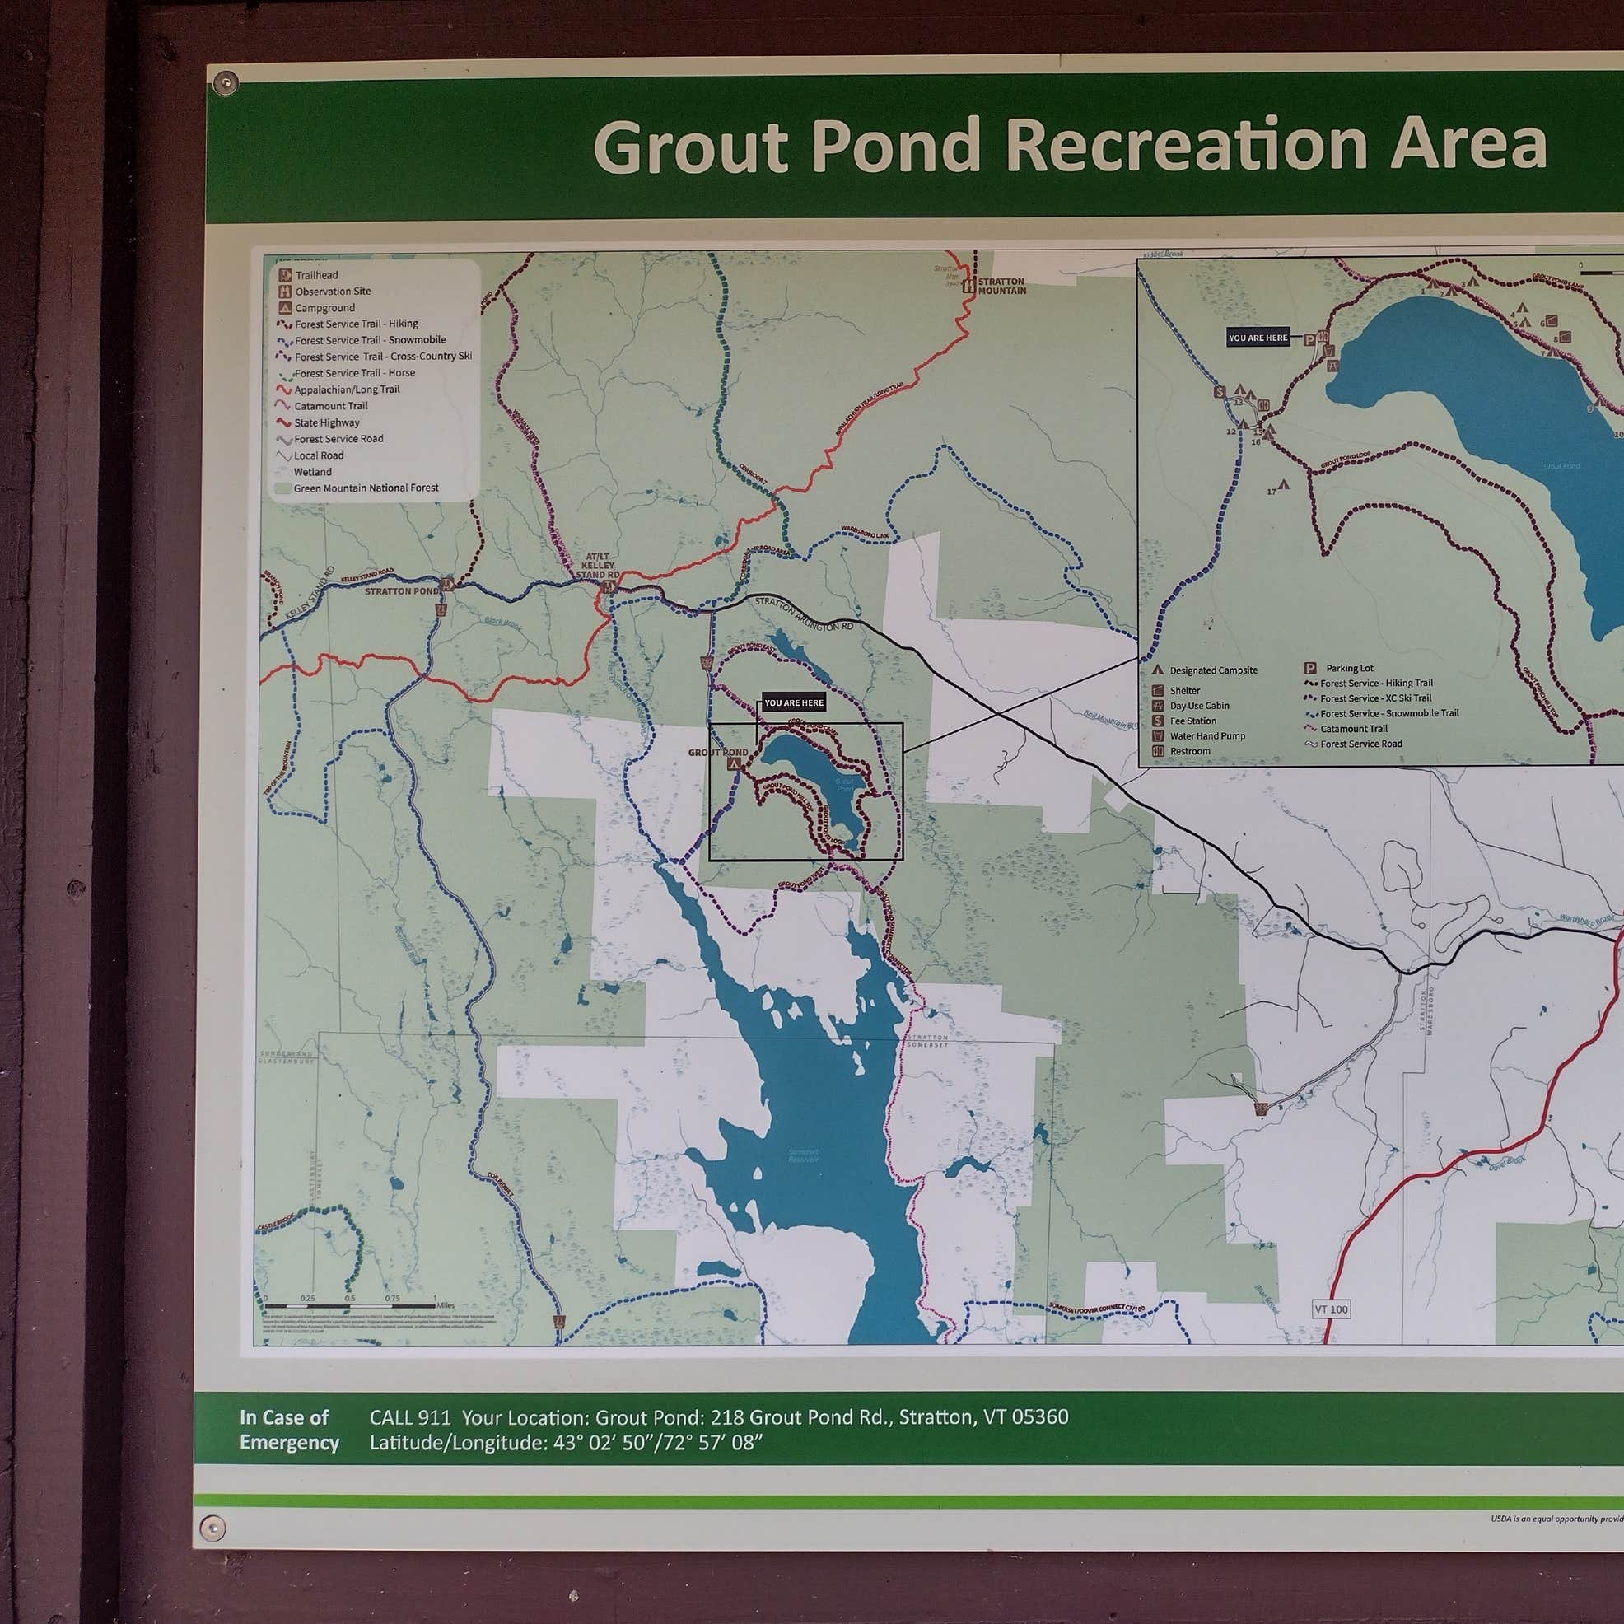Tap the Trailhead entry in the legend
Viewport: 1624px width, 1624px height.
tap(316, 275)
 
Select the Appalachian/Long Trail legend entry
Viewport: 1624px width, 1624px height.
tap(347, 390)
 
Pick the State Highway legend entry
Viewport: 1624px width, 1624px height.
tap(326, 422)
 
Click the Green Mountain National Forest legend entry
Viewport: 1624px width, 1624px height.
tap(365, 488)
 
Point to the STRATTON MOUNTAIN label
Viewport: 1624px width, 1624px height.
tap(1001, 286)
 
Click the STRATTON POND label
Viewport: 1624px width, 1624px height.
tap(401, 591)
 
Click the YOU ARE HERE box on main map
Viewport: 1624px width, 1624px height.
tap(794, 702)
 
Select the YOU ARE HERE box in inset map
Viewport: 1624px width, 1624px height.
tap(1258, 338)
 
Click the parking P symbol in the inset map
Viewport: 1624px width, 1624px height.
tap(1309, 339)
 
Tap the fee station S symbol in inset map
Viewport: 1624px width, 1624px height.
tap(1219, 392)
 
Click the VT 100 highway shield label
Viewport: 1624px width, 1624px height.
tap(1332, 1309)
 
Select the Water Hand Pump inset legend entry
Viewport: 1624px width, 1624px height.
tap(1207, 735)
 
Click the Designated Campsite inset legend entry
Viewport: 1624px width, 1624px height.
tap(1213, 670)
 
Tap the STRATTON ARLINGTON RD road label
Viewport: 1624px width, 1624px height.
tap(803, 614)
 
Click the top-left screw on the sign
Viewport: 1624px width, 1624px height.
tap(226, 82)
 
